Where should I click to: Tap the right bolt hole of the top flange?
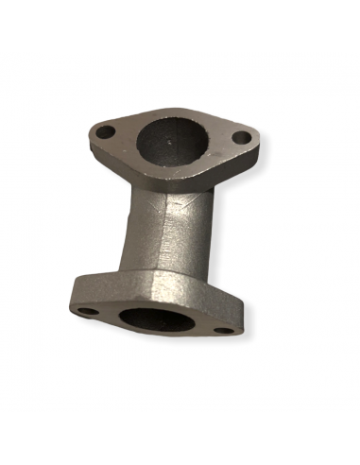point(242,138)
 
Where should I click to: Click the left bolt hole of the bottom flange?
point(86,311)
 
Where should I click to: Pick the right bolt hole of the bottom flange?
point(224,330)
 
